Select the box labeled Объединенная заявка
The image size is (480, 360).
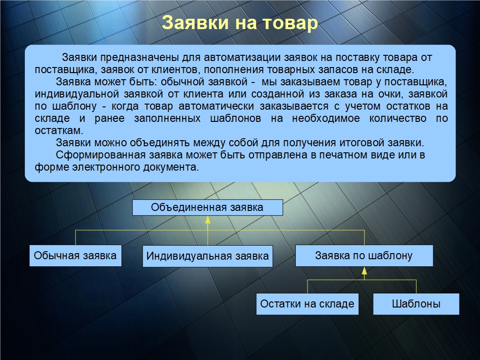(208, 208)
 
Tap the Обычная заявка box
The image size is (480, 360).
(75, 255)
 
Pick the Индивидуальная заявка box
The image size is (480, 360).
(208, 256)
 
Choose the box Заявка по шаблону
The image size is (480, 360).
(364, 255)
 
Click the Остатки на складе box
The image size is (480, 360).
(307, 304)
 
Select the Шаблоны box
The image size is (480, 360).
(416, 304)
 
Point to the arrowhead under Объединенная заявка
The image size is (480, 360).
(208, 219)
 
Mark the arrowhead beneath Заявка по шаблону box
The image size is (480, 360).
(364, 270)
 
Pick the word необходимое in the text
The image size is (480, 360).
(326, 119)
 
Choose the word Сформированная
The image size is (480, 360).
(101, 155)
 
